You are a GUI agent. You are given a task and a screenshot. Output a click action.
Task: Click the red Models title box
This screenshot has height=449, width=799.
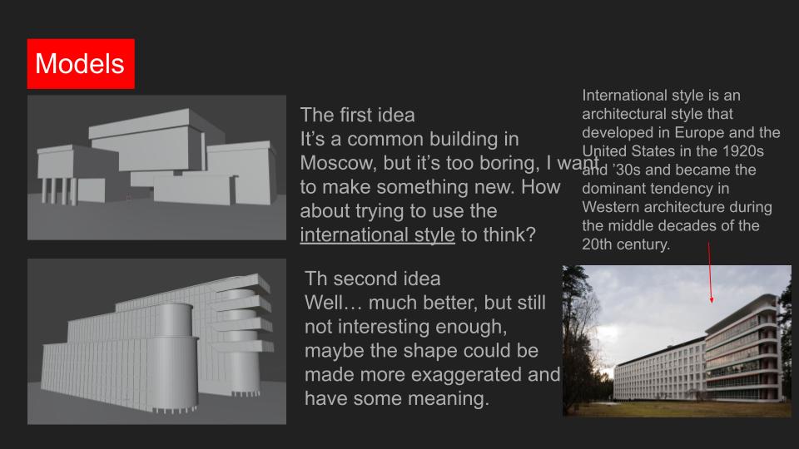point(81,64)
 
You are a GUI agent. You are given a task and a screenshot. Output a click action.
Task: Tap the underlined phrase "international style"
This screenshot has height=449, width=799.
point(377,235)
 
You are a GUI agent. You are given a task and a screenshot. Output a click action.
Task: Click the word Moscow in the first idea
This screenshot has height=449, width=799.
point(337,163)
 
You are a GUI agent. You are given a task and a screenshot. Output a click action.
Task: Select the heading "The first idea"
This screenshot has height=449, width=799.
point(357,115)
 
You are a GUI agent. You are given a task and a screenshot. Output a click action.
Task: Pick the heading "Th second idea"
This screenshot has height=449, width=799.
point(373,279)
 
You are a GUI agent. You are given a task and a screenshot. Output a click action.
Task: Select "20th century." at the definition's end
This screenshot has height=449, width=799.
point(626,244)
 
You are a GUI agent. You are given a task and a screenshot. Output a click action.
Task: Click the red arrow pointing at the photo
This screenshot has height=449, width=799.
point(710,273)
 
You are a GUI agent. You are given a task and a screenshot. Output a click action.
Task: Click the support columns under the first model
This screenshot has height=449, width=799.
point(58,191)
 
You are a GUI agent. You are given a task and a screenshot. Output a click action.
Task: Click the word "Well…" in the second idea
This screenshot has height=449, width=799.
point(334,303)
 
